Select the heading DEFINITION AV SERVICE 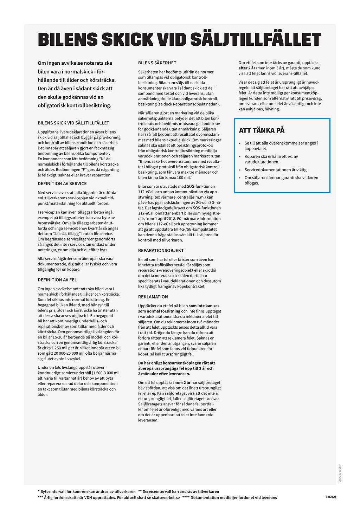62,183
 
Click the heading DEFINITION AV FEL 57,280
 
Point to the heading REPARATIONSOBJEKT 161,251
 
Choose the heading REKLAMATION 153,297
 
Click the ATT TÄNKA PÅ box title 262,130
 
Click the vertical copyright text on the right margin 340,473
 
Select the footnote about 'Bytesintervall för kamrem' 86,491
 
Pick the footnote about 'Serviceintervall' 179,491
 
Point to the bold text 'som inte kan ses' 204,306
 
